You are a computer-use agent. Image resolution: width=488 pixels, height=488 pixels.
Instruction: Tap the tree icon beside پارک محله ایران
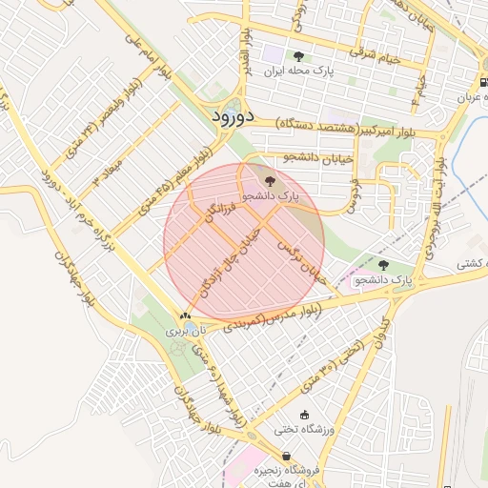299,56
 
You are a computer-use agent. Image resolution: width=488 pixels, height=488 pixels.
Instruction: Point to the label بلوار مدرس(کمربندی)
274,317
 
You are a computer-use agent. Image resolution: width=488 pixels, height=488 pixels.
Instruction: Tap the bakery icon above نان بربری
185,315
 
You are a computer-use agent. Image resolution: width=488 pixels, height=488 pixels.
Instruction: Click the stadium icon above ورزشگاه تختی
305,415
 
